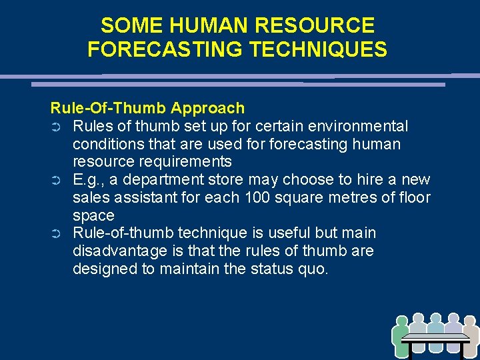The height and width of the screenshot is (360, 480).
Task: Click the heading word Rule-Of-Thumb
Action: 108,108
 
